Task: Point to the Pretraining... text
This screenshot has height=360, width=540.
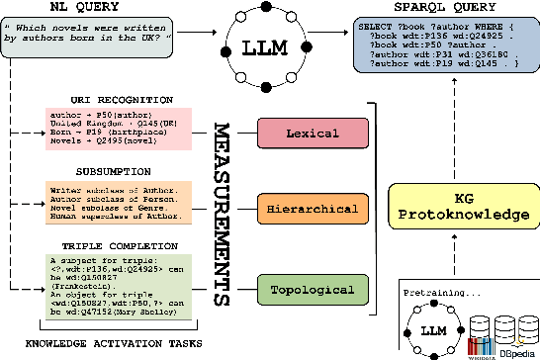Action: [441, 293]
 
